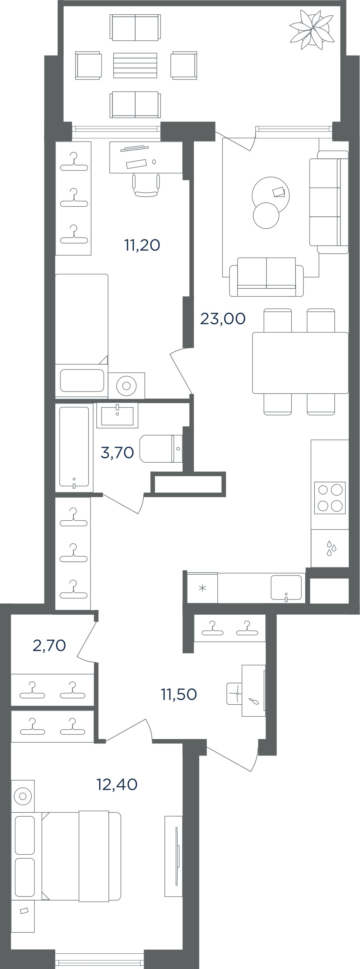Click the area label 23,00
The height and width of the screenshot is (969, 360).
[222, 319]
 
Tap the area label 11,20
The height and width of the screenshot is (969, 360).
[142, 245]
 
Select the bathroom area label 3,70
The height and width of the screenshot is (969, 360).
[117, 452]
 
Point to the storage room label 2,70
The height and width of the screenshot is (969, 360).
[49, 645]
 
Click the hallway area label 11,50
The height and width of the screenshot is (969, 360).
[179, 694]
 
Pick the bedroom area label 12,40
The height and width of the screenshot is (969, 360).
[117, 784]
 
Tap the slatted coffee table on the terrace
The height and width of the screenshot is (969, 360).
[135, 65]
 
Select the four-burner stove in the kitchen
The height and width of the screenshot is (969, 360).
[330, 497]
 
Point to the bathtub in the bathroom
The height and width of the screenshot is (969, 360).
[74, 447]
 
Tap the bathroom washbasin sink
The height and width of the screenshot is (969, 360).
[117, 416]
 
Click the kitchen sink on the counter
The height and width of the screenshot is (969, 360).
[286, 587]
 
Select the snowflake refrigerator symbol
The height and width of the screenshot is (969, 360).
[203, 588]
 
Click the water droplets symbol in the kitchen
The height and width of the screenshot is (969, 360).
[331, 548]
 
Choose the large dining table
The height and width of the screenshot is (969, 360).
[300, 363]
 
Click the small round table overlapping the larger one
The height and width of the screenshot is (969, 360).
[266, 216]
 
